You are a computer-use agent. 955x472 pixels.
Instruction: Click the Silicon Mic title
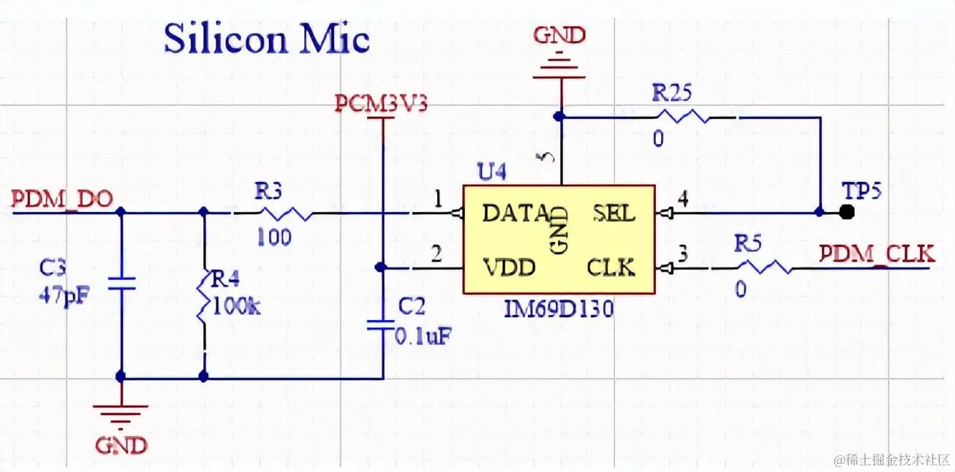click(x=266, y=39)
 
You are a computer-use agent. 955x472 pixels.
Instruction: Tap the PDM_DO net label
click(x=63, y=199)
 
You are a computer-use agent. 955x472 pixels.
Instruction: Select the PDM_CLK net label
click(x=877, y=254)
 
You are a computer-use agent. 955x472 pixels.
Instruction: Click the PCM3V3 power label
click(x=381, y=104)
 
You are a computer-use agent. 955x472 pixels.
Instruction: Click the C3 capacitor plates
click(x=121, y=283)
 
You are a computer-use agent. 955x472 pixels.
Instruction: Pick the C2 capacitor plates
click(x=382, y=324)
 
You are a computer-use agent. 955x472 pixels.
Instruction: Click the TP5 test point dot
click(x=847, y=212)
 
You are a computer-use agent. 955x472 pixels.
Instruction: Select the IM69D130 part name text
click(x=558, y=308)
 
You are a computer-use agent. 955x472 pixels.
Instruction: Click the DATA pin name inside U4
click(x=515, y=213)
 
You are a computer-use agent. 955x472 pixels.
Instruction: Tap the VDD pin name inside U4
click(x=509, y=267)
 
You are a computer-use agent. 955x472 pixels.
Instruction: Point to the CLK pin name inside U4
click(x=611, y=267)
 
